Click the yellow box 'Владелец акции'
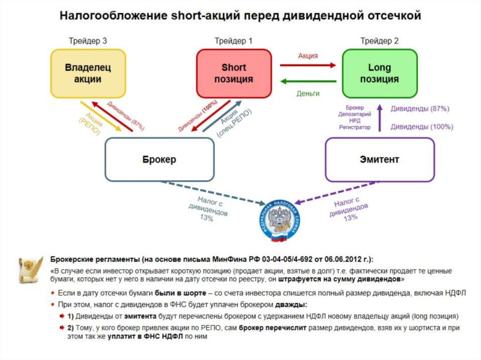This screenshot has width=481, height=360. tap(88, 74)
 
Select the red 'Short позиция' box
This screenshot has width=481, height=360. tap(233, 74)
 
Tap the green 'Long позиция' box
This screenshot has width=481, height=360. tap(379, 74)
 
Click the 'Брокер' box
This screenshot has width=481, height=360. tap(159, 160)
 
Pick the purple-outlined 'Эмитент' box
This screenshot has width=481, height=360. tap(380, 160)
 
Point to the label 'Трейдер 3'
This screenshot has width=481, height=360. tap(88, 41)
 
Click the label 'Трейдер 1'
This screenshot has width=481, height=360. tap(233, 41)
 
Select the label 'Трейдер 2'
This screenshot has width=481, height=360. tap(380, 41)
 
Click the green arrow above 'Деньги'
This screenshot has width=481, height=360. tap(308, 82)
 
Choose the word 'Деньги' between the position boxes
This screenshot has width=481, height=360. tap(308, 93)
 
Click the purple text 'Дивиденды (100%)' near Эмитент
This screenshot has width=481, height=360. tap(422, 127)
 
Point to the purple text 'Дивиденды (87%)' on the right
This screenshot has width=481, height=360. tap(420, 109)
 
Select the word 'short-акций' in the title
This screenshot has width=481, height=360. tap(197, 16)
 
